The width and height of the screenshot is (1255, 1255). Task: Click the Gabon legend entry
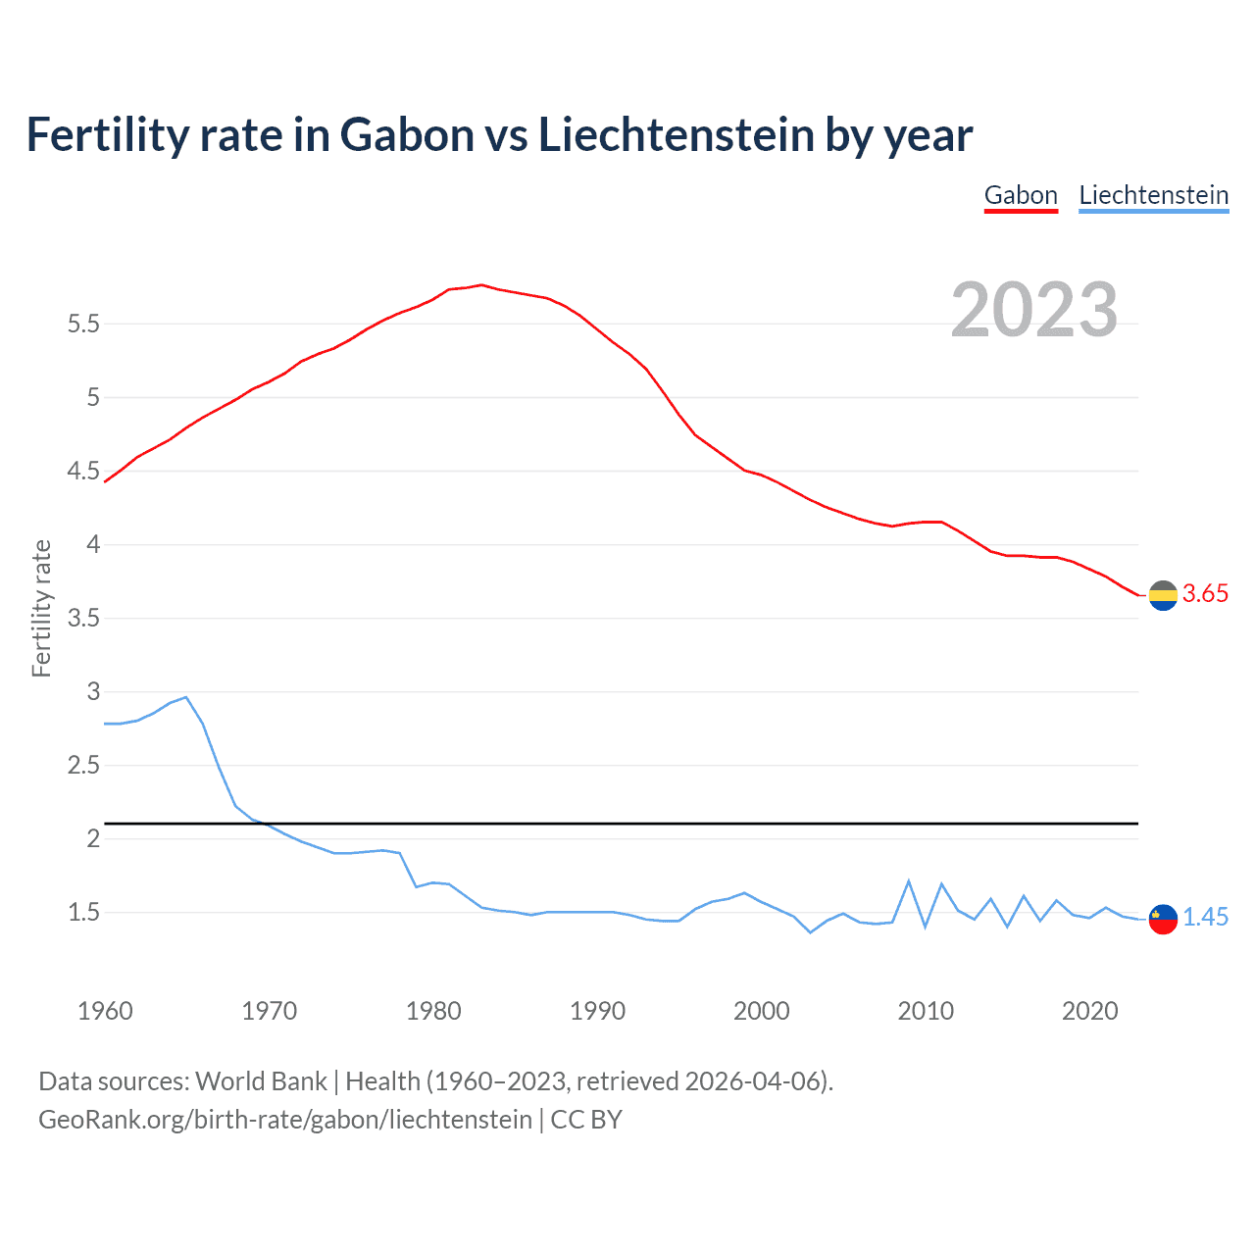pos(1021,195)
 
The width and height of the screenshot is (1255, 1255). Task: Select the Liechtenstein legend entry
pos(1153,195)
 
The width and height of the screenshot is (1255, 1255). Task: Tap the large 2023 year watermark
pos(1033,310)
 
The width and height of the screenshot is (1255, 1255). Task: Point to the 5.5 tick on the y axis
pos(83,324)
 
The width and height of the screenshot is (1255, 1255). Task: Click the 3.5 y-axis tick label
pos(83,618)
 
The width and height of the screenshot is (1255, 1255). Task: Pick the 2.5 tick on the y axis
pos(83,765)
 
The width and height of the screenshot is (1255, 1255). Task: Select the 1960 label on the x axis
pos(105,1011)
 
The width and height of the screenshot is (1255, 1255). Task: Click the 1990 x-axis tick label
pos(597,1011)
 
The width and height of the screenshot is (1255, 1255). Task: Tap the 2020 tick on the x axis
pos(1089,1011)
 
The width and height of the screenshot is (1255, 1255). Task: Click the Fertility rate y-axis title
pos(41,608)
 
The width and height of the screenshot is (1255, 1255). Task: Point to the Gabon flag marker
pos(1163,594)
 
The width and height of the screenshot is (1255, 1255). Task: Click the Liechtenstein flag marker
pos(1163,919)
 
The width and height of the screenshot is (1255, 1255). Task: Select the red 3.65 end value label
pos(1205,593)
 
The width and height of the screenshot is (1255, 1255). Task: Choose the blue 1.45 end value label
pos(1205,917)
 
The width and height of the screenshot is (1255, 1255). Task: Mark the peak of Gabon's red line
pos(481,285)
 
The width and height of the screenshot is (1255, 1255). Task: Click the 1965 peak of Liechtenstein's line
pos(186,697)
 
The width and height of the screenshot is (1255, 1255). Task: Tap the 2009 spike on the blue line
pos(909,881)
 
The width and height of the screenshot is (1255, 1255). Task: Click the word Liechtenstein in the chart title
pos(676,134)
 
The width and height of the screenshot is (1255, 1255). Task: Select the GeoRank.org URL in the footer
pos(285,1120)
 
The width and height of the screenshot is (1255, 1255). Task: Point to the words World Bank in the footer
pos(261,1080)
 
